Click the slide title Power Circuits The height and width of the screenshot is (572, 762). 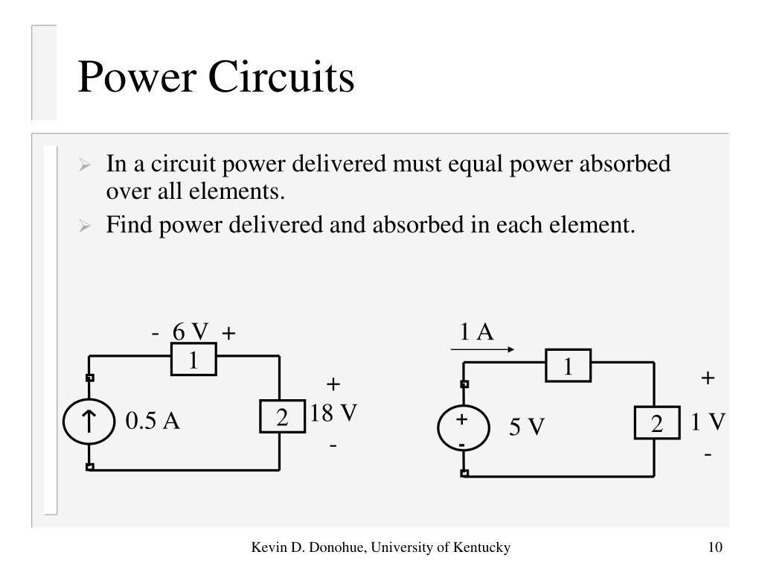click(216, 77)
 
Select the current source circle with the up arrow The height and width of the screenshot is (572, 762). click(89, 422)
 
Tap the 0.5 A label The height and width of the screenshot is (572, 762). click(153, 422)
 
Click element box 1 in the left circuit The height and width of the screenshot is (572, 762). click(193, 360)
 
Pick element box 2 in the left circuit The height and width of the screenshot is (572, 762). click(282, 417)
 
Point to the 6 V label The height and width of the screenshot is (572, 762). click(190, 331)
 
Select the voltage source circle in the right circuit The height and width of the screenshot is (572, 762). click(462, 430)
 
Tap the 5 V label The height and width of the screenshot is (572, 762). click(527, 428)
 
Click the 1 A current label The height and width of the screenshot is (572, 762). click(477, 331)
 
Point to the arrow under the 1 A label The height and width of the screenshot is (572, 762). click(482, 349)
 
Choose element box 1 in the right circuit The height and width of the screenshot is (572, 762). click(569, 366)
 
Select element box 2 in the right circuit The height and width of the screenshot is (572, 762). click(656, 423)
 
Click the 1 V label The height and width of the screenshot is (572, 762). click(707, 422)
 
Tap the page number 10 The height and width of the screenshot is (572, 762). click(715, 547)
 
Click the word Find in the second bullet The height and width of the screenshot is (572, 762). click(124, 224)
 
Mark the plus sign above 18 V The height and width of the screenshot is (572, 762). click(333, 385)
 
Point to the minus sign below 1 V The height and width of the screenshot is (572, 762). click(708, 454)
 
